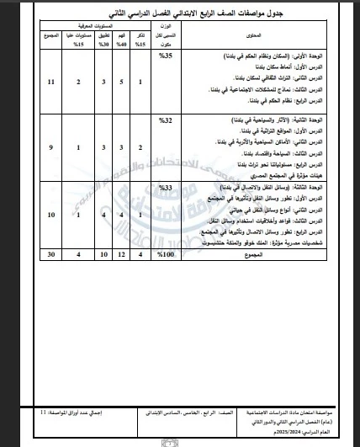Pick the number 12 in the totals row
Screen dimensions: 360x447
(x=120, y=277)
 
